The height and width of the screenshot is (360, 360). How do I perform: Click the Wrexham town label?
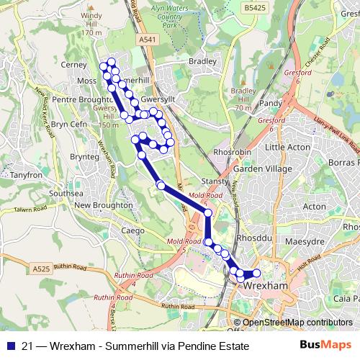click(x=266, y=286)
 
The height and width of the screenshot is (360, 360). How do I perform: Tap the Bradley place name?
click(x=202, y=62)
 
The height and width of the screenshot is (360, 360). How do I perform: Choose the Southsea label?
click(x=66, y=194)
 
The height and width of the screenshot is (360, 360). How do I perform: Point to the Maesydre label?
click(x=305, y=242)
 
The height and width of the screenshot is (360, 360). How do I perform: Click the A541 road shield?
click(x=147, y=40)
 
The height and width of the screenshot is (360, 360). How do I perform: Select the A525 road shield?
click(x=41, y=268)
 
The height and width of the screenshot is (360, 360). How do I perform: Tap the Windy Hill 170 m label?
click(x=91, y=24)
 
